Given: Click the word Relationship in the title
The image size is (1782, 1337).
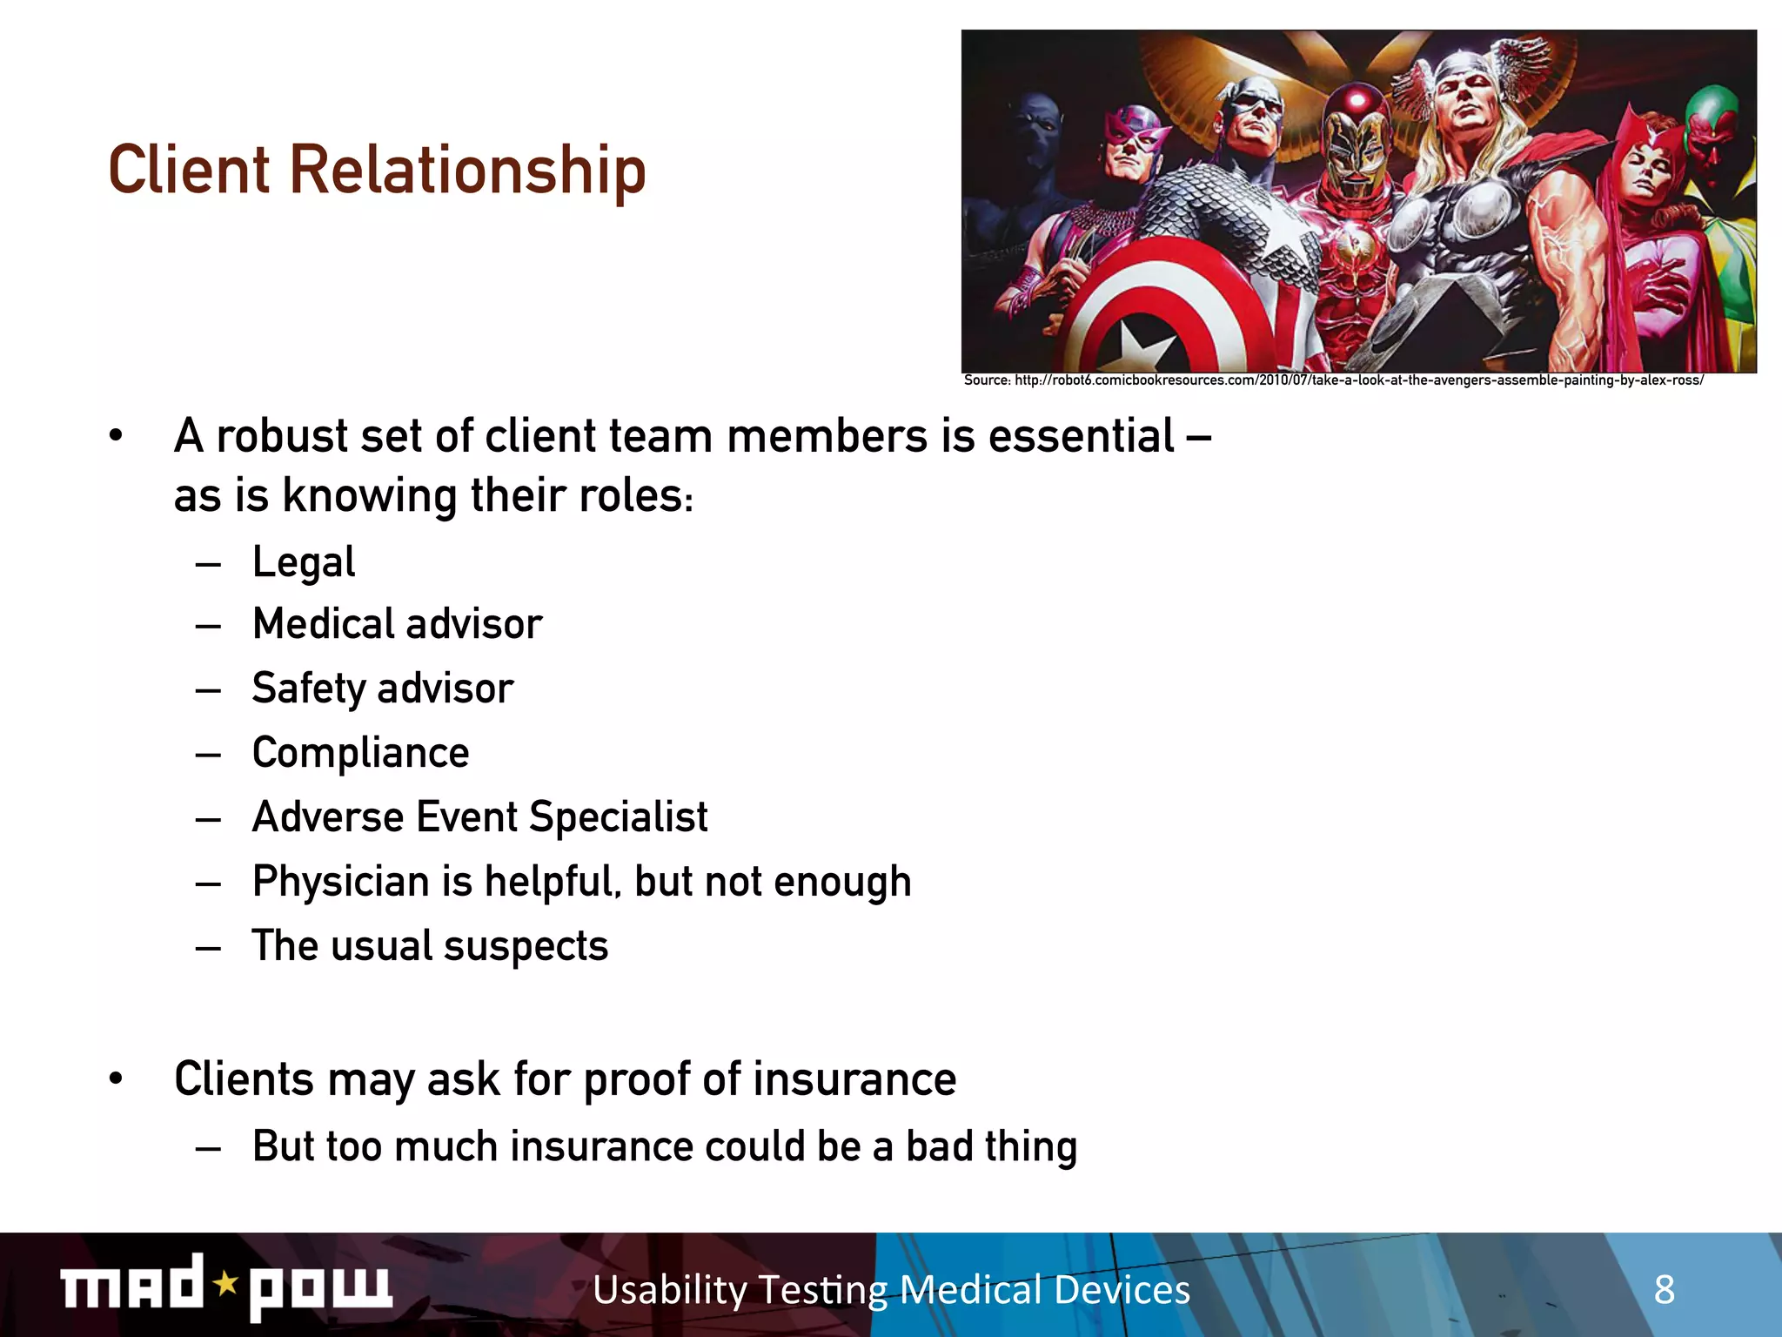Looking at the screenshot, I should tap(467, 171).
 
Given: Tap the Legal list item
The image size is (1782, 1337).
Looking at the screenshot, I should tap(304, 562).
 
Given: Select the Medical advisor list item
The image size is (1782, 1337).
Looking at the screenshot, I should tap(397, 625).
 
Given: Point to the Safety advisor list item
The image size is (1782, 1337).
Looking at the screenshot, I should tap(383, 689).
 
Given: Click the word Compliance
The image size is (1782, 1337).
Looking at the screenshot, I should tap(360, 753).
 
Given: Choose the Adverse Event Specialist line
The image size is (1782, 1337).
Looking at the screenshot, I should tap(479, 817).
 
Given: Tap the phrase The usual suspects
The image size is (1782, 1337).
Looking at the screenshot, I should tap(430, 946).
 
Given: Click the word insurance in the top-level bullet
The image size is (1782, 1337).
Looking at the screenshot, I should tap(854, 1079).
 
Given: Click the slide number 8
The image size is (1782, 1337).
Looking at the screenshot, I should tap(1664, 1289).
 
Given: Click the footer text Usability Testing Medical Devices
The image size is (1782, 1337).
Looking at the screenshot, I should tap(891, 1289).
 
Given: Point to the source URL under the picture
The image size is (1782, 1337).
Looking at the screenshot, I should tap(1333, 380).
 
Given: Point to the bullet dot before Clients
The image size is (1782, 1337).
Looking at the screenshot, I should tap(116, 1079).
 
